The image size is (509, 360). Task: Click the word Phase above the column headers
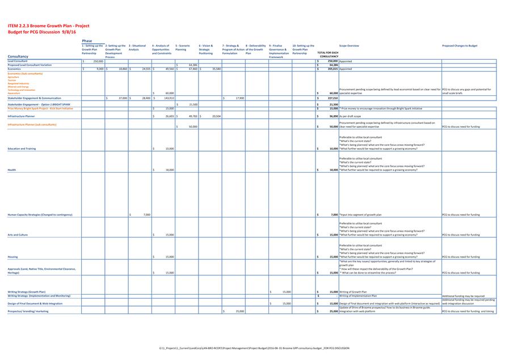click(87, 41)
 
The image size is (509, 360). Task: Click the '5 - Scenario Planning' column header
click(183, 47)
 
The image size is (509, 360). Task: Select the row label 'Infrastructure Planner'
click(21, 116)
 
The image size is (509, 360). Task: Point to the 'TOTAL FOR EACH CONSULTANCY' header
click(328, 55)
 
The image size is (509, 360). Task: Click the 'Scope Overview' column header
click(349, 45)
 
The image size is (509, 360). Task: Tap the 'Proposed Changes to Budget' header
click(460, 45)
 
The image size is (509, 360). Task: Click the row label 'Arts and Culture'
click(18, 235)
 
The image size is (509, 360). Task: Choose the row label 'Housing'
click(12, 257)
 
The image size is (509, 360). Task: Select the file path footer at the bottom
click(254, 348)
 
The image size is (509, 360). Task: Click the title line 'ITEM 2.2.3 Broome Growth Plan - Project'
click(48, 26)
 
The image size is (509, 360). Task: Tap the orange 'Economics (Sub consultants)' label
click(25, 73)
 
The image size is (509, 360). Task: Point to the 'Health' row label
click(12, 170)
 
